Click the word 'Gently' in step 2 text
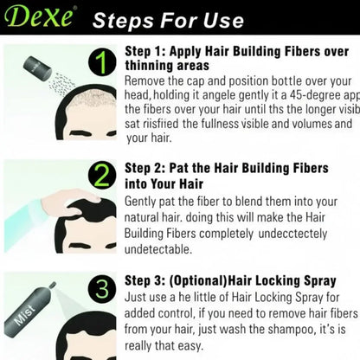[x=145, y=201]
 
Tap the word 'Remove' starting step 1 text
[x=149, y=80]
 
